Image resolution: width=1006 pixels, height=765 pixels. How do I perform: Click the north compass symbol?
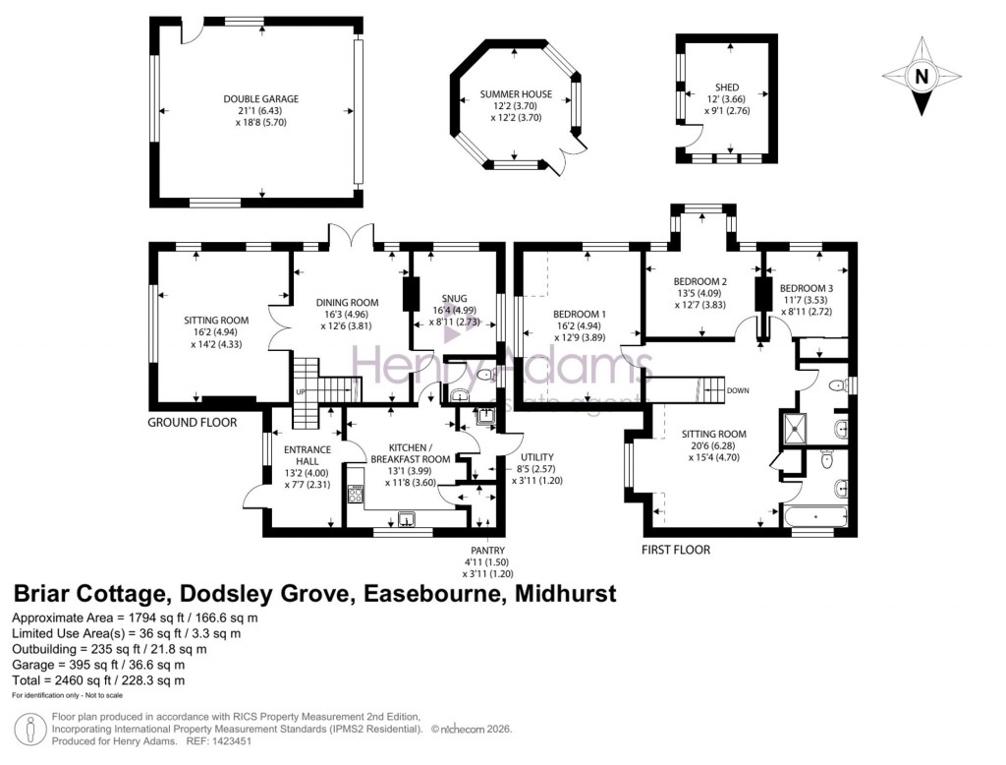(x=921, y=77)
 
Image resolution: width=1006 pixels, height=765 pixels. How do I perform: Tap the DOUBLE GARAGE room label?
(x=260, y=98)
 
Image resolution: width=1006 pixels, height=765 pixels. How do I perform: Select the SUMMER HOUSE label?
(x=516, y=94)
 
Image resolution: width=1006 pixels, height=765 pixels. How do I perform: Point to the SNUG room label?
(x=454, y=298)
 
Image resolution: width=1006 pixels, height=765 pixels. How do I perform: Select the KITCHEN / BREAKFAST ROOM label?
(x=410, y=452)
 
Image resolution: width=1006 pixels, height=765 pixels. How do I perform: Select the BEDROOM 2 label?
(x=701, y=281)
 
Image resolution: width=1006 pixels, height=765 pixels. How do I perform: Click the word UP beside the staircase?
(x=301, y=393)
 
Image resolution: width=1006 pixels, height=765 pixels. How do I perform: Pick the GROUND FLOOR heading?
(x=193, y=423)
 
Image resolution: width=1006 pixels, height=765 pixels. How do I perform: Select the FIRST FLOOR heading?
(x=676, y=550)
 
